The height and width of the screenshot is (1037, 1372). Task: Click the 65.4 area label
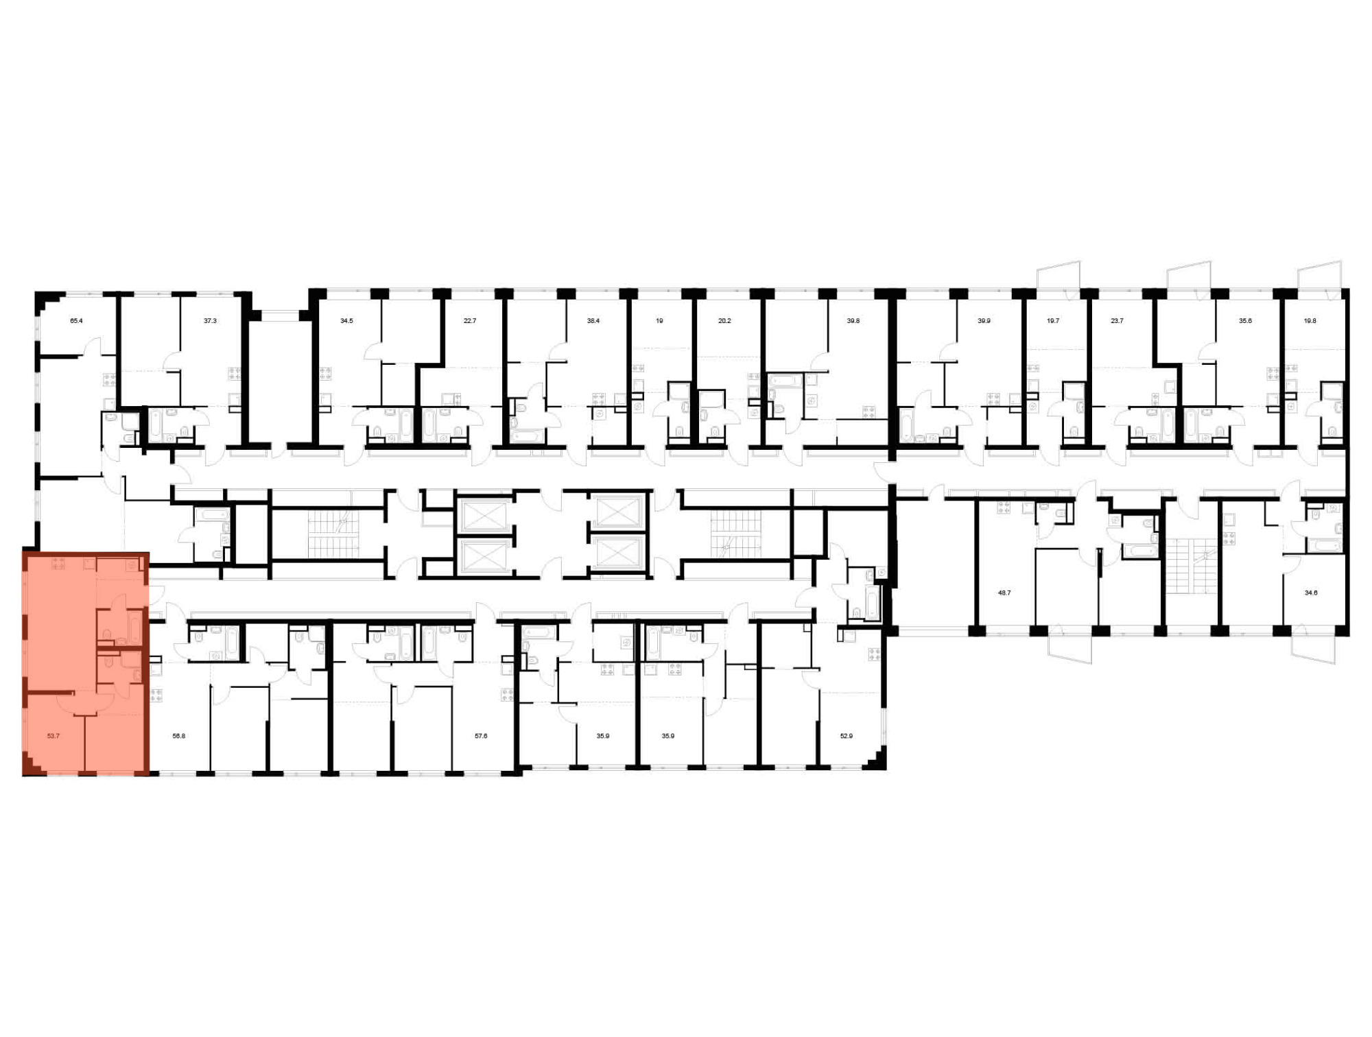(76, 321)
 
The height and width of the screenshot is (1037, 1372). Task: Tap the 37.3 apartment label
(210, 321)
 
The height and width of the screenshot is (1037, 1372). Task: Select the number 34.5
(346, 321)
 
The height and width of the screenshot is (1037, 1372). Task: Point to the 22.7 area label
(469, 321)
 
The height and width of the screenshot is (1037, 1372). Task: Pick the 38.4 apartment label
(593, 321)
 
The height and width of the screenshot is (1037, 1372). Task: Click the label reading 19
(659, 321)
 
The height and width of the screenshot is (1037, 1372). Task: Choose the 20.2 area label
(724, 321)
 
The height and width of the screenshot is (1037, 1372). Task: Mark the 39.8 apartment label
(853, 321)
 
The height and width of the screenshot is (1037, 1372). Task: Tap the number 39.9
(984, 321)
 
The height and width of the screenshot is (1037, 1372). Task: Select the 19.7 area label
(1053, 321)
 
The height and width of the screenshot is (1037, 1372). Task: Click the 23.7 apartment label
(1117, 321)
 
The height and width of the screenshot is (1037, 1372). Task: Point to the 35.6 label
(1245, 321)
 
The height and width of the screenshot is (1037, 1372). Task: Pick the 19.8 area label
(1310, 321)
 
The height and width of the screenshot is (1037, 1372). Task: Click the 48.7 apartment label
(1004, 593)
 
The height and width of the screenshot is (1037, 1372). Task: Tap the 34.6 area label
(1311, 593)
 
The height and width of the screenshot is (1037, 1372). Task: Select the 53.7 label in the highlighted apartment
(54, 736)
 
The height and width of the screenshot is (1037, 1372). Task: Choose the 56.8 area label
(178, 736)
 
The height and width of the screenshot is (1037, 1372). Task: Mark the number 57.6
(481, 736)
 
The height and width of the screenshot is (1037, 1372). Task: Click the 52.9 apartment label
(847, 736)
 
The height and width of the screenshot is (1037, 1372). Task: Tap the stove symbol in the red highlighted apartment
(58, 564)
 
